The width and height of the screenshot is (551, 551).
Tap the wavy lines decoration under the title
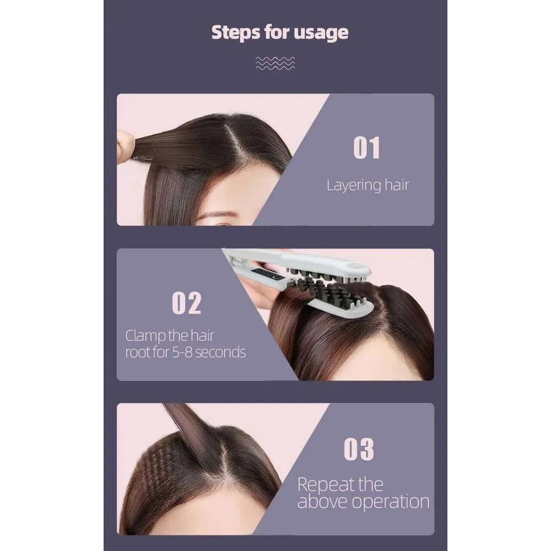pos(275,63)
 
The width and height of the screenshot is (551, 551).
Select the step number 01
pos(366,148)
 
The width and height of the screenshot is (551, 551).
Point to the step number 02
pos(187,303)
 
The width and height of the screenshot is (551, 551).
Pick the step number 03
pos(359,449)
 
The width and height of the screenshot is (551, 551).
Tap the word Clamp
pos(145,336)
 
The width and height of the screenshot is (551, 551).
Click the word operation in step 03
pos(391,502)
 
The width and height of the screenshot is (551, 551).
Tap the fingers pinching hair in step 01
pos(125,147)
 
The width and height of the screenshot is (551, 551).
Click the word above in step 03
pos(323,501)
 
